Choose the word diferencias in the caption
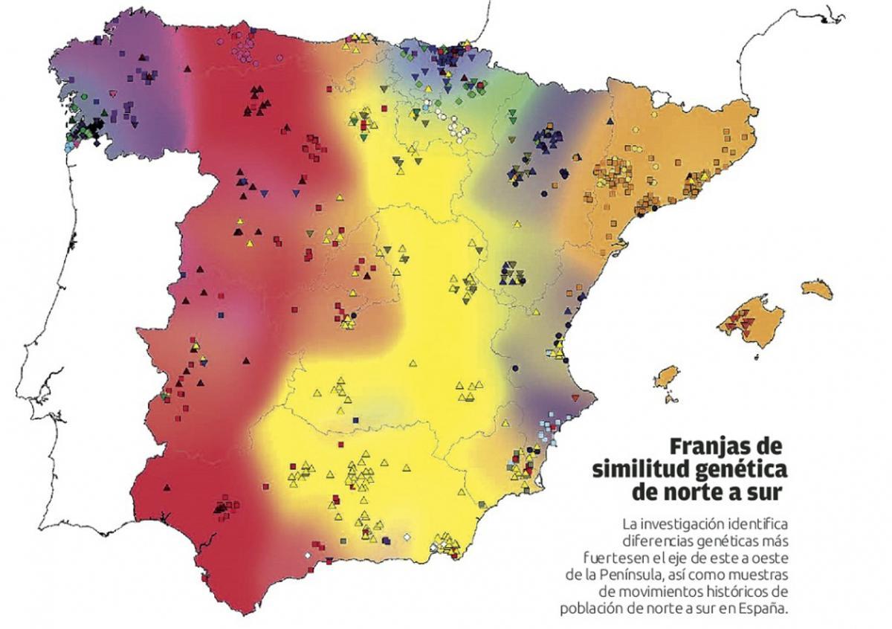pyautogui.click(x=653, y=541)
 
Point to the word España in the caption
pyautogui.click(x=763, y=607)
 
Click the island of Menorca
pyautogui.click(x=817, y=288)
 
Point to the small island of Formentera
pyautogui.click(x=671, y=399)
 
